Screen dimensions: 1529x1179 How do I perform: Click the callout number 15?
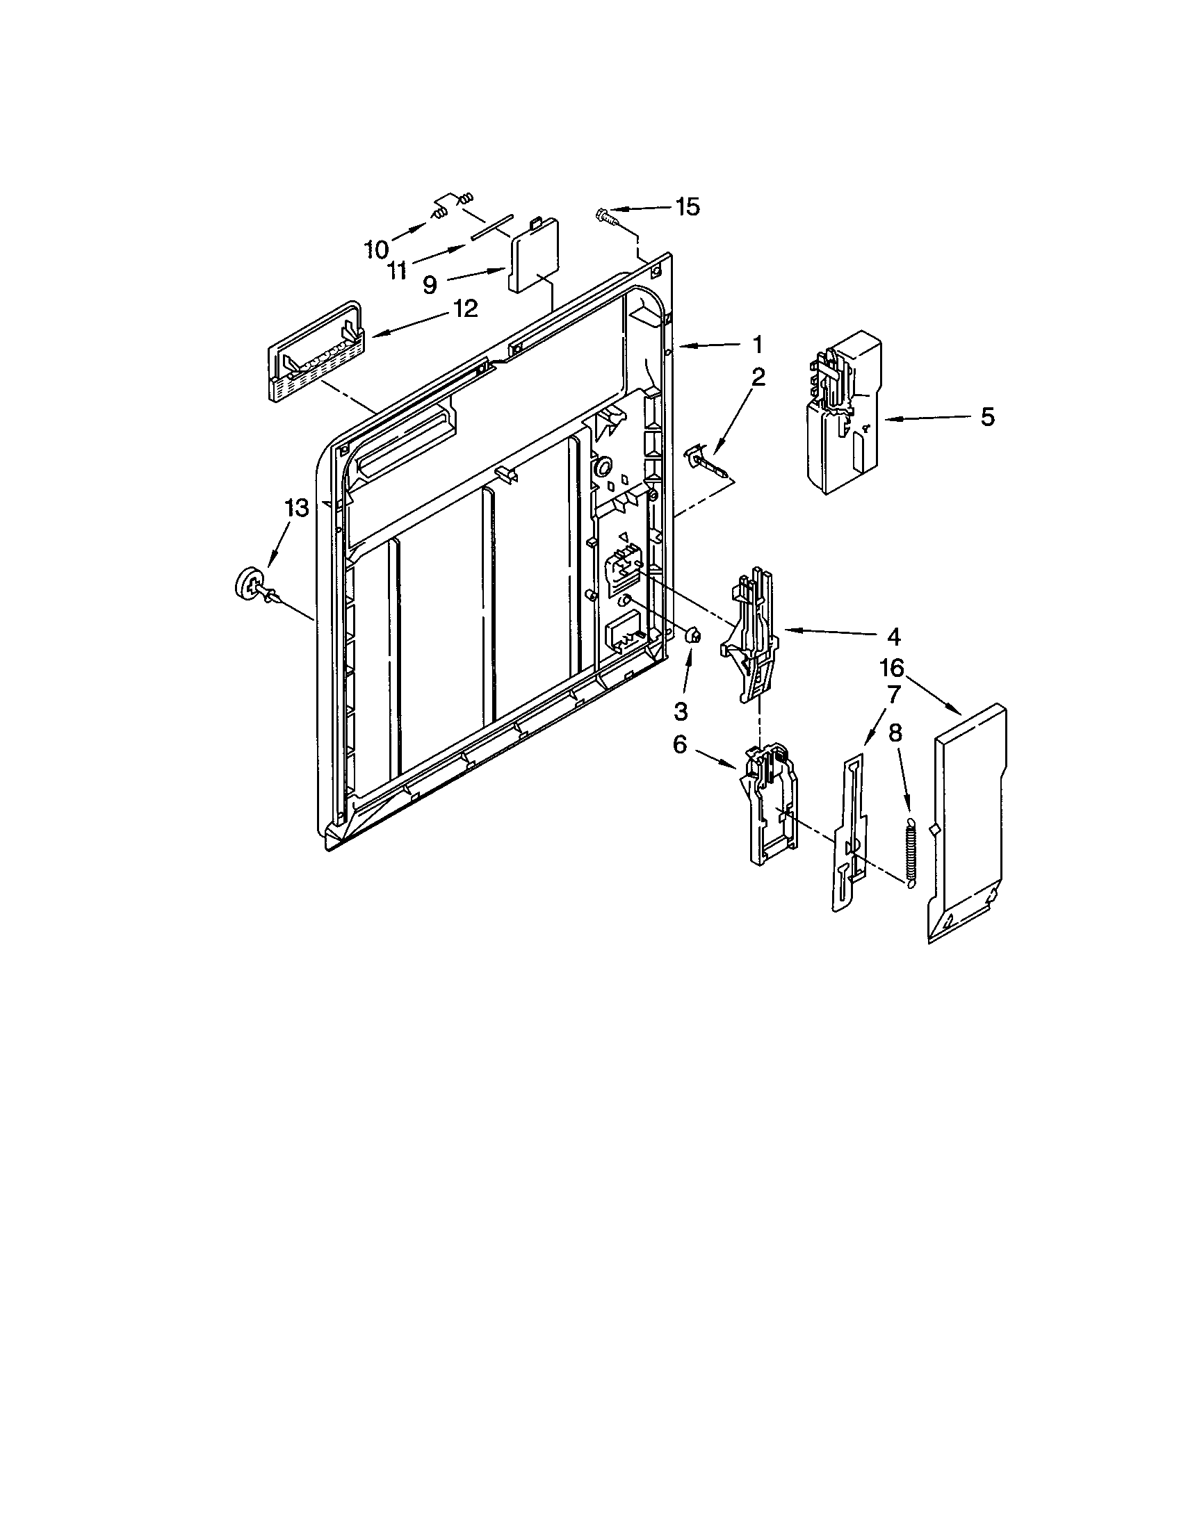[687, 206]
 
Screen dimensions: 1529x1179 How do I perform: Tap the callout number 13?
[297, 507]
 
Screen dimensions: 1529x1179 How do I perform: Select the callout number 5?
[986, 417]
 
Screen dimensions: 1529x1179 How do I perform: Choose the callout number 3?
[681, 711]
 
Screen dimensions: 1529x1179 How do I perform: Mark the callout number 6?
[679, 746]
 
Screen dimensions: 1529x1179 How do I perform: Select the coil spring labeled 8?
[910, 853]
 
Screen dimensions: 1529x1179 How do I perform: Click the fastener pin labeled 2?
[707, 461]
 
